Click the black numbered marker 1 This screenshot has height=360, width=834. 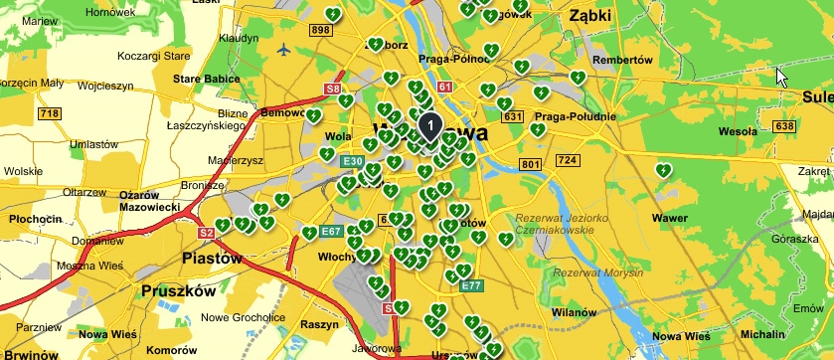[429, 126]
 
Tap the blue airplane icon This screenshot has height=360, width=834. [286, 48]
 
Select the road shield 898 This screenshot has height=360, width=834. [320, 31]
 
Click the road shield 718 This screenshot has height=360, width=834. [49, 114]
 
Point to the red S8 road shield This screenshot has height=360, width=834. [334, 90]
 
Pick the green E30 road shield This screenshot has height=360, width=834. [352, 161]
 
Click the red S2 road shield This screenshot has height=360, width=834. [207, 233]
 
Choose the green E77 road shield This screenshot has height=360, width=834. [472, 285]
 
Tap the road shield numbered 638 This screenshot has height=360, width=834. [785, 126]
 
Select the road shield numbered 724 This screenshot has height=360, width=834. [568, 160]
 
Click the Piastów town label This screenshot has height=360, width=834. [212, 258]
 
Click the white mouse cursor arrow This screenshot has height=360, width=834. [782, 78]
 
